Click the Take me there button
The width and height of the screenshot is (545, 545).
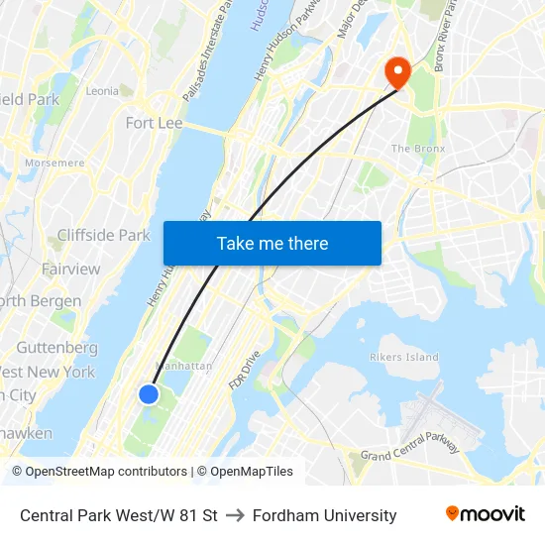click(x=272, y=243)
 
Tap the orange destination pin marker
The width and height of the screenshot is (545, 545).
click(x=397, y=70)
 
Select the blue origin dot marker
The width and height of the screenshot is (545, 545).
click(x=149, y=394)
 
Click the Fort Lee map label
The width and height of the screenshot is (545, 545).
click(x=154, y=123)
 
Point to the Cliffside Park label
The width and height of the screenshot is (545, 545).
click(x=103, y=235)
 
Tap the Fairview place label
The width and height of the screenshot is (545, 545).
click(x=70, y=269)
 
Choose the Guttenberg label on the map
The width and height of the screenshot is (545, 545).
click(x=57, y=348)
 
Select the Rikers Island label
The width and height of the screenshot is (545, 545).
click(x=403, y=357)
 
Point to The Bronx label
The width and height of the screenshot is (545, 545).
click(x=417, y=149)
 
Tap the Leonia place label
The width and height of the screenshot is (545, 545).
click(x=102, y=90)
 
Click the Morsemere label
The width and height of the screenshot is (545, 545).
click(x=54, y=163)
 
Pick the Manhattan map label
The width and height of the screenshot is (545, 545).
click(x=183, y=366)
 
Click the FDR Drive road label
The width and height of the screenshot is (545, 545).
click(x=244, y=369)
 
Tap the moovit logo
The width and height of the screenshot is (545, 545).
click(x=485, y=513)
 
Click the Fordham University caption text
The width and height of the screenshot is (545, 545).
click(x=324, y=515)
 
